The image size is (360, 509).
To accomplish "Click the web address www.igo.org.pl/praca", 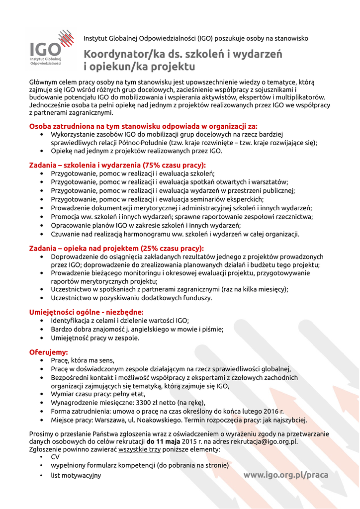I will pyautogui.click(x=285, y=475).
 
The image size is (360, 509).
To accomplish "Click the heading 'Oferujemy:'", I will pyautogui.click(x=49, y=352).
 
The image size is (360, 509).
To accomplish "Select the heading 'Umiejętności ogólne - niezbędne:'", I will pyautogui.click(x=87, y=312).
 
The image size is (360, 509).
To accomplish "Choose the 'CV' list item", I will pyautogui.click(x=55, y=457).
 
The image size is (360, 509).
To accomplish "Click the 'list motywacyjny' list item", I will pyautogui.click(x=76, y=475).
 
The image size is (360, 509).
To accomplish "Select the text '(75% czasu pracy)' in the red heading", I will pyautogui.click(x=174, y=165).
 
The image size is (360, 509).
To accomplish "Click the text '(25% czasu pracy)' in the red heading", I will pyautogui.click(x=173, y=248).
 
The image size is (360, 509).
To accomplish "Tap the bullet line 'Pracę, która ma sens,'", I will pyautogui.click(x=83, y=360).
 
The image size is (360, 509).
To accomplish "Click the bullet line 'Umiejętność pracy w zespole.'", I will pyautogui.click(x=95, y=338).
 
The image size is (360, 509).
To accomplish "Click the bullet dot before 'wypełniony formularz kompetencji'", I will pyautogui.click(x=41, y=466).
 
